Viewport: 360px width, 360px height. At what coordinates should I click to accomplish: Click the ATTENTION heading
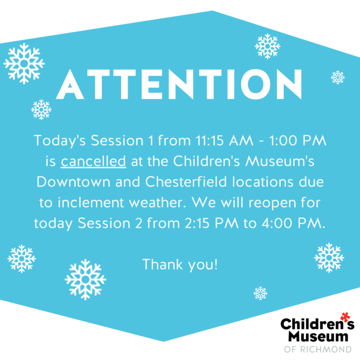click(179, 84)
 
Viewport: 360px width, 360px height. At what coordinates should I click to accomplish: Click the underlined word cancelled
click(93, 161)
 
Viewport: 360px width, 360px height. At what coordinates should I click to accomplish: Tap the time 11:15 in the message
click(210, 140)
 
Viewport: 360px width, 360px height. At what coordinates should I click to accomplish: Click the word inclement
click(90, 202)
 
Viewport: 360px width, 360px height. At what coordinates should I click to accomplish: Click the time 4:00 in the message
click(277, 223)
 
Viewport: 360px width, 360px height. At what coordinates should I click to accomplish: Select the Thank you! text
click(180, 265)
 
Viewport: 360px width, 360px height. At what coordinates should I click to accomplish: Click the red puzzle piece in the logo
click(345, 317)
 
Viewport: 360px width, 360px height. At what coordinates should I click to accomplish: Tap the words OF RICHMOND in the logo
click(318, 349)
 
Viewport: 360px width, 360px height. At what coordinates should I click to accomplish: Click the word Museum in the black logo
click(318, 337)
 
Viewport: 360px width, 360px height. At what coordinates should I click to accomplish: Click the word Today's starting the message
click(60, 141)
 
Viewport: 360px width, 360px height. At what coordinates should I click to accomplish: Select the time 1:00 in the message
click(283, 140)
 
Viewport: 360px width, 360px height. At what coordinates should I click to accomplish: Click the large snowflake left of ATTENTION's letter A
click(24, 64)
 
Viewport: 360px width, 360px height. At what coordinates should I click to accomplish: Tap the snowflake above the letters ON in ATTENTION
click(268, 46)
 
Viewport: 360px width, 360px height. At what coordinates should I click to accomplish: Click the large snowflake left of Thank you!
click(85, 279)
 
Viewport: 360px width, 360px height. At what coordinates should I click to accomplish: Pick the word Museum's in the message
click(280, 161)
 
